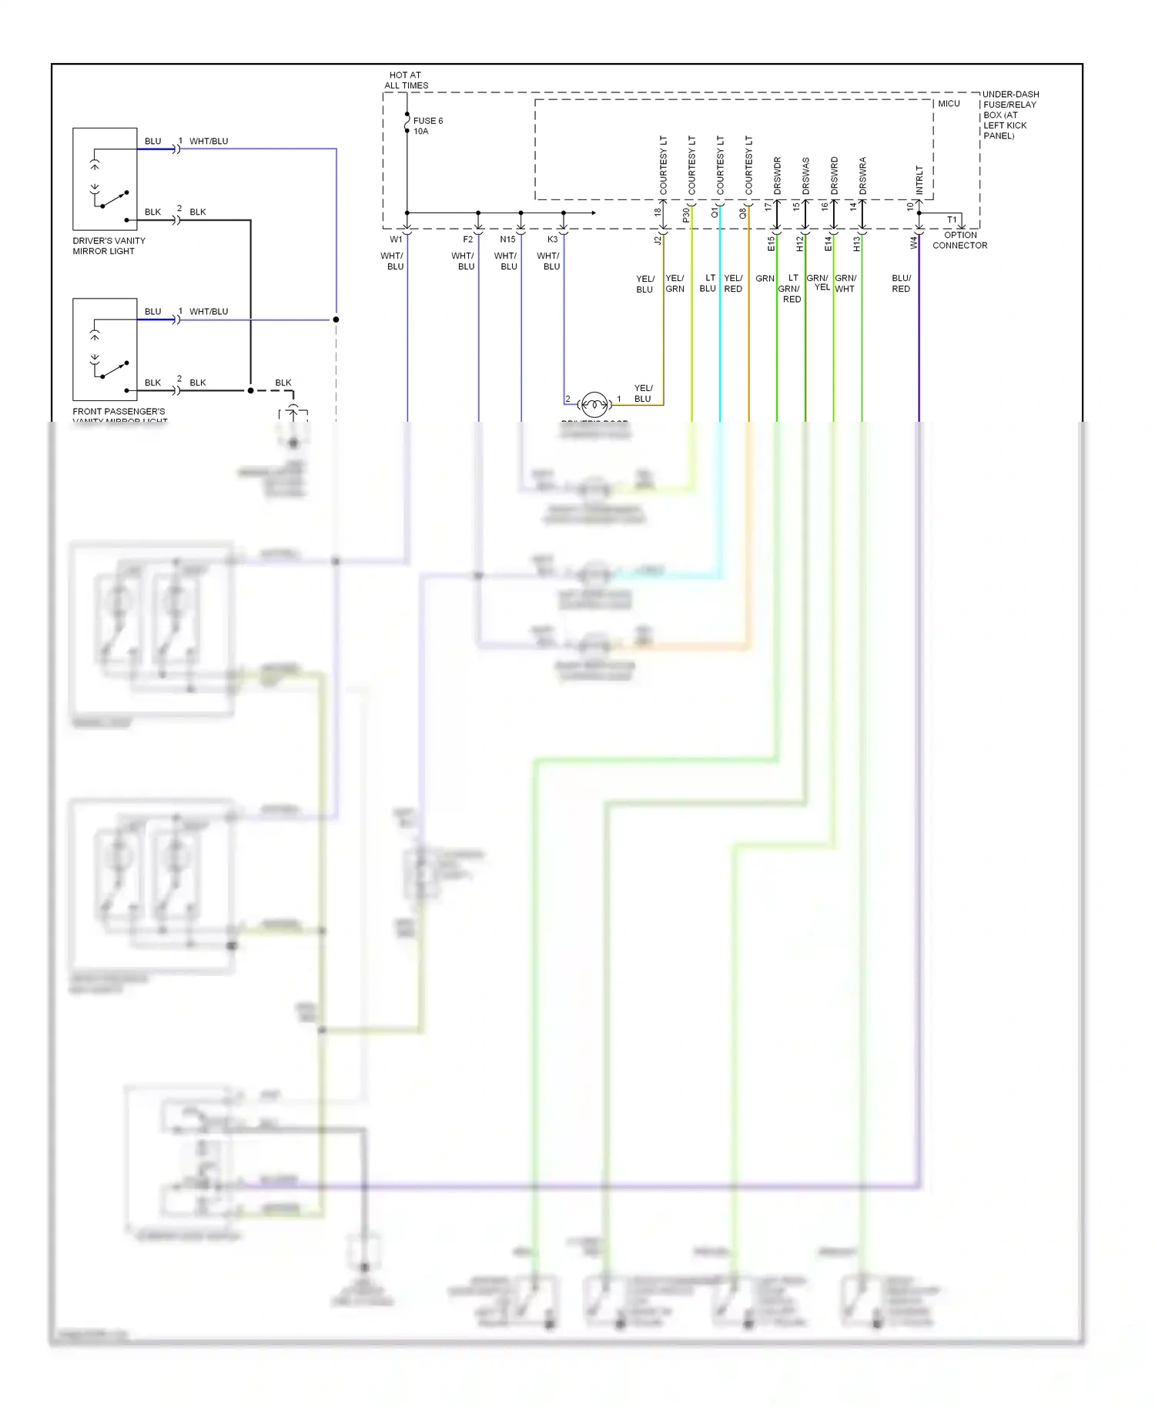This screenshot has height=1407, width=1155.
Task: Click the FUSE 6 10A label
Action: pos(427,126)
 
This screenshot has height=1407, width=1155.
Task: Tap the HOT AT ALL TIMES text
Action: pos(406,80)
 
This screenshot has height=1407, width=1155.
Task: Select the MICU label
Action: pos(949,104)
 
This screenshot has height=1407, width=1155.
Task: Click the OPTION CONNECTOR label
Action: pos(959,240)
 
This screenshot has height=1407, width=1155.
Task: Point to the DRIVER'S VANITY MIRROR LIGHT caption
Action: pos(109,246)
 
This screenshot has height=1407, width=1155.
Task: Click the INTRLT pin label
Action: pos(919,179)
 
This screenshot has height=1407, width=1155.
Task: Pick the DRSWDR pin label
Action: pos(778,175)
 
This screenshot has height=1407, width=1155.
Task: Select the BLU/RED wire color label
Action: pos(901,283)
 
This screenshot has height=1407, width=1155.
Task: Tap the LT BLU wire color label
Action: pos(708,283)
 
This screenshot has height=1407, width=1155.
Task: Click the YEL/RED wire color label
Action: pos(733,283)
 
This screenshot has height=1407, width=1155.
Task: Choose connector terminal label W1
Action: pos(396,239)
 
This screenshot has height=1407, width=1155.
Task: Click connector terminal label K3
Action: pos(552,239)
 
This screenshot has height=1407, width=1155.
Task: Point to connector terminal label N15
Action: pos(507,239)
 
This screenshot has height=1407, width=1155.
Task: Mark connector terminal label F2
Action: pos(467,239)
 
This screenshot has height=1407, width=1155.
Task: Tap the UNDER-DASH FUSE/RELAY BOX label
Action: pos(1009,115)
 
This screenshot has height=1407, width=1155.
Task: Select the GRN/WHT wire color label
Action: pos(845,283)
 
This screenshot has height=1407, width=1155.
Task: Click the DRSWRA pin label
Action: pos(863,175)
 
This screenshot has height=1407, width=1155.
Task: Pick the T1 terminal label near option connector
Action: pos(952,220)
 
